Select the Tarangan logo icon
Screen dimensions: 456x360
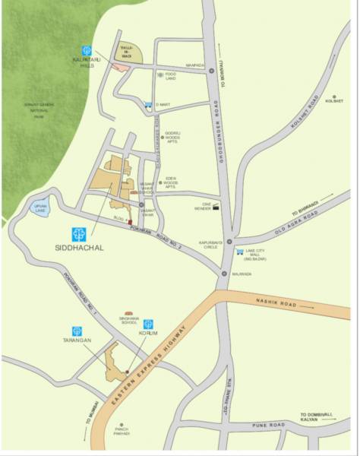tap(77, 331)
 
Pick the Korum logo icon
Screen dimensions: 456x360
tap(148, 324)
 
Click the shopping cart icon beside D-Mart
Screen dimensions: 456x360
tap(147, 104)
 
